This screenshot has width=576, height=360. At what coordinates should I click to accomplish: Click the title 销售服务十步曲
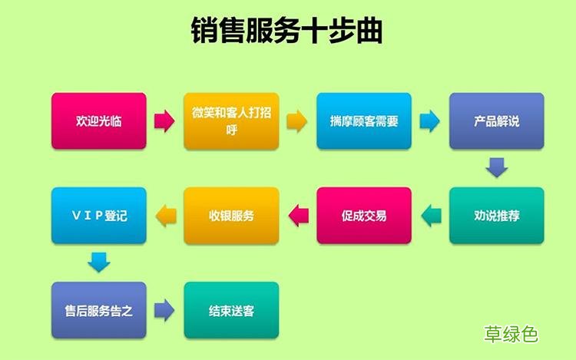(x=287, y=31)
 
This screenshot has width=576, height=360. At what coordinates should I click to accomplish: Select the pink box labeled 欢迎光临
(x=98, y=121)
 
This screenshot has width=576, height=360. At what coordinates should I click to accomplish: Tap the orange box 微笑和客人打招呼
(x=231, y=121)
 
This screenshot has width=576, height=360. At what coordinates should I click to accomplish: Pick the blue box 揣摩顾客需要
(x=364, y=121)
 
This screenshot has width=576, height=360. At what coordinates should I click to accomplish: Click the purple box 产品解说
(x=496, y=121)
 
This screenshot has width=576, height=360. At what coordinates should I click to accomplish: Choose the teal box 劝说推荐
(x=496, y=216)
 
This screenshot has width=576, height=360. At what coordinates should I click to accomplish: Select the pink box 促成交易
(x=364, y=216)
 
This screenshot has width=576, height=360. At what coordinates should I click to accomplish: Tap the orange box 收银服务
(x=231, y=216)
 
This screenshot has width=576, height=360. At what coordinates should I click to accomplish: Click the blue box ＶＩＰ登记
(x=98, y=216)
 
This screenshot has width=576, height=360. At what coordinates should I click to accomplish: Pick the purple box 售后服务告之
(x=98, y=311)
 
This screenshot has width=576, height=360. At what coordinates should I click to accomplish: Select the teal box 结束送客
(x=231, y=311)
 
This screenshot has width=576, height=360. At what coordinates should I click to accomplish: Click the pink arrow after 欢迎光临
(x=164, y=121)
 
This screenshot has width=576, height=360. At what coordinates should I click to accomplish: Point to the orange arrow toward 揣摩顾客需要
(x=297, y=121)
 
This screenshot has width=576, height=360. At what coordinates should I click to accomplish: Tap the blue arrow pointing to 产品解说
(x=429, y=121)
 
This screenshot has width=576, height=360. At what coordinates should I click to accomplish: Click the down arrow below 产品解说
(x=497, y=167)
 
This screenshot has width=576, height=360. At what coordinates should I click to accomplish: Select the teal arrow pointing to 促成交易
(x=431, y=216)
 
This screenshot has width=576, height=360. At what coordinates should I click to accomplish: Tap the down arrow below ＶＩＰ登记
(x=99, y=263)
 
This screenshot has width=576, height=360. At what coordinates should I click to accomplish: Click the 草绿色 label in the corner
(x=511, y=334)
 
